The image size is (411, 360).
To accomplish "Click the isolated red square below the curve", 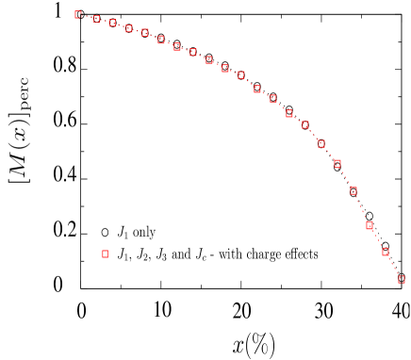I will [105, 254].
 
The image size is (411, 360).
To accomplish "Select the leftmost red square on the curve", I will [78, 15].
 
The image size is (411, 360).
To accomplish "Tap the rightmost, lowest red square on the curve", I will [402, 279].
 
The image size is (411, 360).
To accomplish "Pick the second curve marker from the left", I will [96, 19].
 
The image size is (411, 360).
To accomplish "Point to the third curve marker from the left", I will [112, 23].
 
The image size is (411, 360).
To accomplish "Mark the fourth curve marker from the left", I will [129, 28].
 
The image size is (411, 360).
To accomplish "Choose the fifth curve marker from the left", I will [145, 33].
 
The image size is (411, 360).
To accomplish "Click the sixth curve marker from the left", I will [161, 40].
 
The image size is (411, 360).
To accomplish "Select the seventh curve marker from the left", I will [177, 46].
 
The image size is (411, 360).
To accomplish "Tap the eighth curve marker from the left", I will [193, 53].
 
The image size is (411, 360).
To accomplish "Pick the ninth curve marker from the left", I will [209, 59].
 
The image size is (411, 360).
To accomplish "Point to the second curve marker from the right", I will [386, 252].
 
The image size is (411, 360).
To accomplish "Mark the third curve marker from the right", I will [370, 225].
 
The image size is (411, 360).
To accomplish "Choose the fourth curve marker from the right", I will [353, 190].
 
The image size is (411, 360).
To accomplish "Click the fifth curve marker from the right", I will [337, 164].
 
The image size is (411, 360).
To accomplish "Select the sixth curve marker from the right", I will [321, 143].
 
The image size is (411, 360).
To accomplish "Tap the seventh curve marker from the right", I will [304, 124].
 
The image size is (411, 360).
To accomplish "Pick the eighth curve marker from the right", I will [289, 113].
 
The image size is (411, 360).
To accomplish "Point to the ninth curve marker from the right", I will [273, 99].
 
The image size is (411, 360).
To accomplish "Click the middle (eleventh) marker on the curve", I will [241, 74].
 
